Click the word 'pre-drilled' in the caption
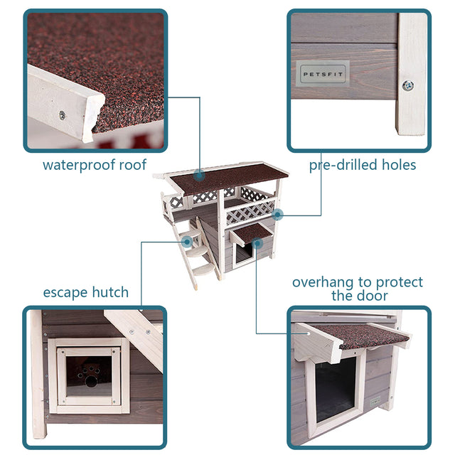[338, 166]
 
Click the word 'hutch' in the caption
[111, 292]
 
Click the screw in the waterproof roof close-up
[62, 114]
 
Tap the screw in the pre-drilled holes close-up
[407, 85]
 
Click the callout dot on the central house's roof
[200, 173]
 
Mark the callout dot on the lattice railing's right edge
[277, 213]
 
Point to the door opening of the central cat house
[242, 255]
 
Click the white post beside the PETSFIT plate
[412, 71]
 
